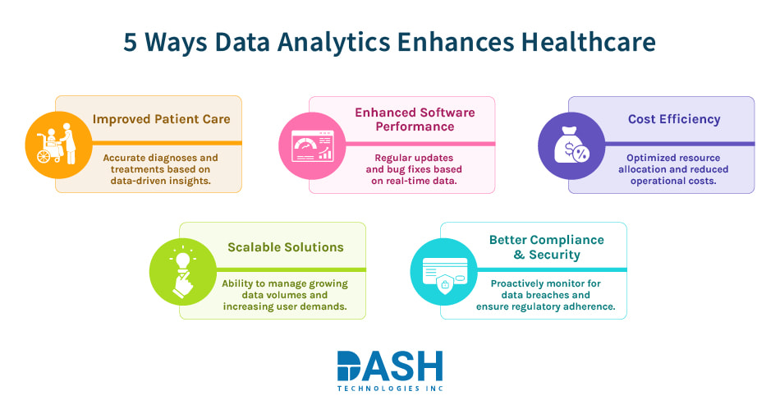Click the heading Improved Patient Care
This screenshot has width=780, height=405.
(x=161, y=119)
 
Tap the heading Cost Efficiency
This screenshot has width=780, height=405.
(x=674, y=119)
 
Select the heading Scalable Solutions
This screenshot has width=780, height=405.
(x=286, y=246)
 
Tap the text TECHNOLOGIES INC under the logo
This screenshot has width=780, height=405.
(x=390, y=388)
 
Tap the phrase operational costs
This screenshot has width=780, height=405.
(x=673, y=181)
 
